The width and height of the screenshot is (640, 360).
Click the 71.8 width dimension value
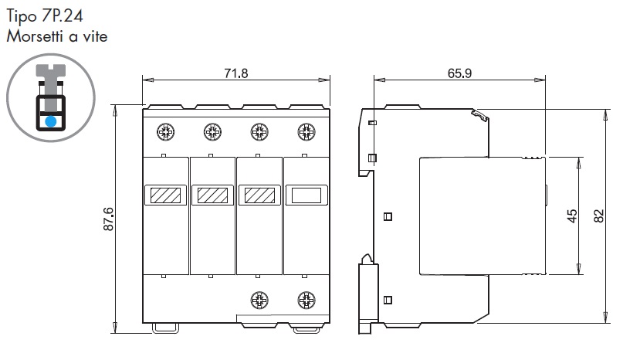tap(236, 73)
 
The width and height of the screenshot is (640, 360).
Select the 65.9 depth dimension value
tap(459, 73)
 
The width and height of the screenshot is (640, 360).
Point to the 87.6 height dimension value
tap(109, 219)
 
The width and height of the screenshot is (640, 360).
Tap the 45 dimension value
tap(572, 216)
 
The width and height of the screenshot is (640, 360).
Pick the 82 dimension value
tap(599, 216)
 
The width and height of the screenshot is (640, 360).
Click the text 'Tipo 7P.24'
tap(45, 16)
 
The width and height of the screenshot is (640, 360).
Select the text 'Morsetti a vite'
tap(57, 36)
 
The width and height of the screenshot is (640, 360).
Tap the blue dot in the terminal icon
tap(51, 121)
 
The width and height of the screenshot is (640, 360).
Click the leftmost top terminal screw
tap(166, 132)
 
